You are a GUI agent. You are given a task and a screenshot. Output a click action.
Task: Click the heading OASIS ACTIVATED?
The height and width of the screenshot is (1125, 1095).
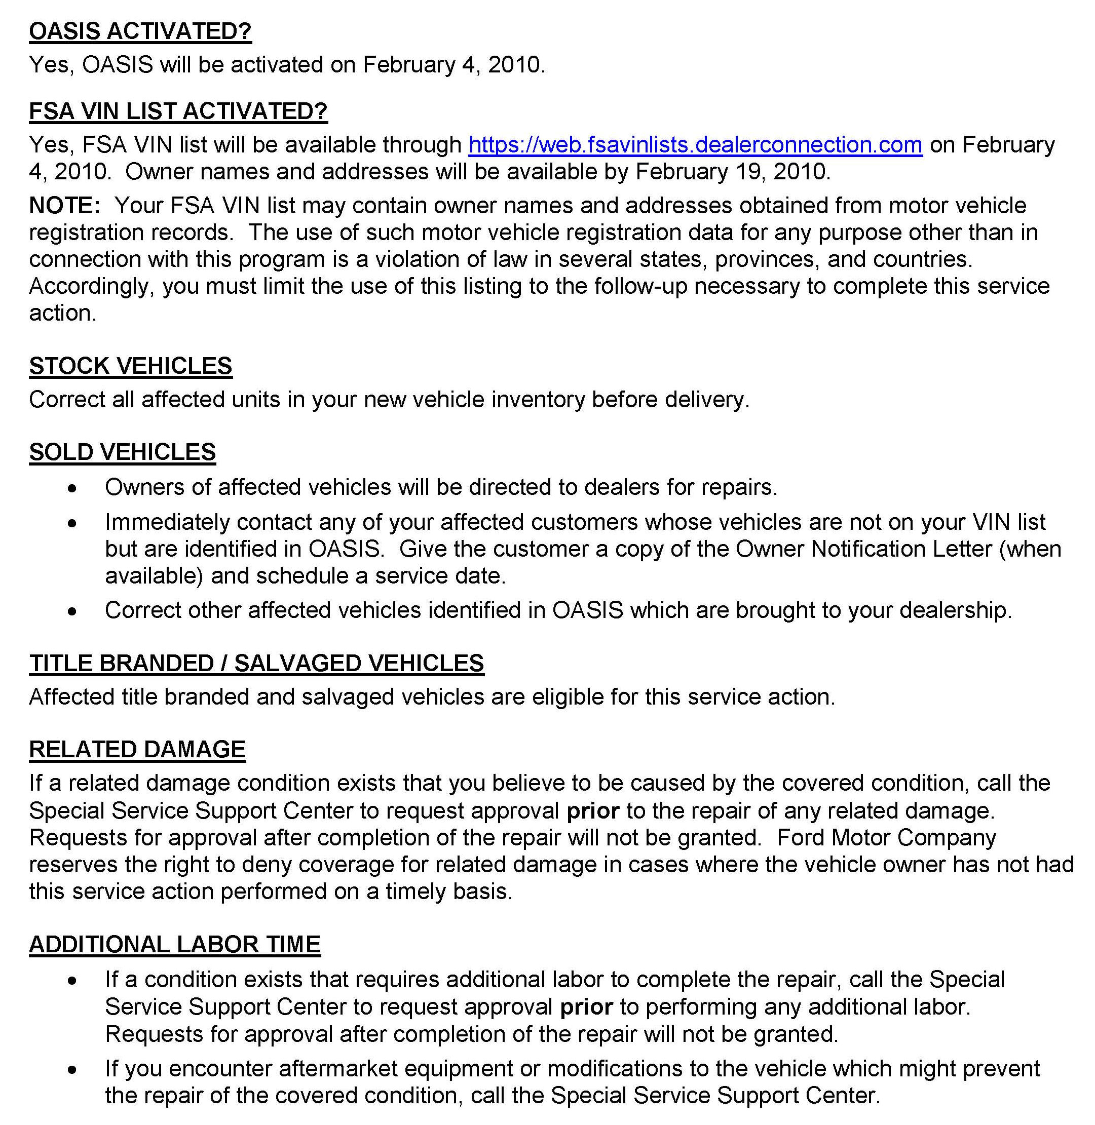[140, 31]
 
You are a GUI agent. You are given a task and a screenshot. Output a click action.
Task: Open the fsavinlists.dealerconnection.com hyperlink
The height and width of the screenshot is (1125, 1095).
[695, 145]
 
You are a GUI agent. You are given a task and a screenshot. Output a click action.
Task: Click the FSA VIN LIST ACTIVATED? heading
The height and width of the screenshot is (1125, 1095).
[178, 111]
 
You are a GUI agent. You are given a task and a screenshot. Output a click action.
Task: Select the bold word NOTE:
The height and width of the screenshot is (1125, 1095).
[65, 206]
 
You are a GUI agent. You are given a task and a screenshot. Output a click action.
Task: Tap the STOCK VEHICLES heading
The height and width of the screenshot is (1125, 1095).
[131, 366]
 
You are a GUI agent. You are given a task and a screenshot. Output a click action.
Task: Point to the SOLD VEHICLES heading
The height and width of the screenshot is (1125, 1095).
[123, 452]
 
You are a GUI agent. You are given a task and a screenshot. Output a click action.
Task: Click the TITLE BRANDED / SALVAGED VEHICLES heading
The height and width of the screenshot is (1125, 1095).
[256, 664]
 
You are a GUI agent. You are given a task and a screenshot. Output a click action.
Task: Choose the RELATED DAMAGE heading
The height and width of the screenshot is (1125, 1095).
[137, 750]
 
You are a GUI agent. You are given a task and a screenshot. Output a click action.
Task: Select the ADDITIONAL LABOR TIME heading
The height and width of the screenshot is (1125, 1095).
[175, 945]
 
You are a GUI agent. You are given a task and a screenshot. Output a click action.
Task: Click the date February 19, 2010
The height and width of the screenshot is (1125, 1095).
[733, 172]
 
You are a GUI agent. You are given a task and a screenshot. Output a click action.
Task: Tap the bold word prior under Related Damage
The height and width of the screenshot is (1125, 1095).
[593, 810]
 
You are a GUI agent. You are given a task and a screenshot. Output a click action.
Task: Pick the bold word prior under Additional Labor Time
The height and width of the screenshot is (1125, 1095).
[587, 1007]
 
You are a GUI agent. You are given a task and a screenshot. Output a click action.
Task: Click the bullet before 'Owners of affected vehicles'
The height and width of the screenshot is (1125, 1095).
[71, 489]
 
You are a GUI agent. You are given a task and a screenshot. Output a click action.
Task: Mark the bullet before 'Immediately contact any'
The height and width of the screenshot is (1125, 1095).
[71, 524]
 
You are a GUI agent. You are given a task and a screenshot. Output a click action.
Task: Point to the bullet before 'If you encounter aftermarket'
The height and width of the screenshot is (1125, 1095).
[71, 1070]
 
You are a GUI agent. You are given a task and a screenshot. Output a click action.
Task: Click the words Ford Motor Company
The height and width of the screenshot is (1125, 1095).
[886, 838]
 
